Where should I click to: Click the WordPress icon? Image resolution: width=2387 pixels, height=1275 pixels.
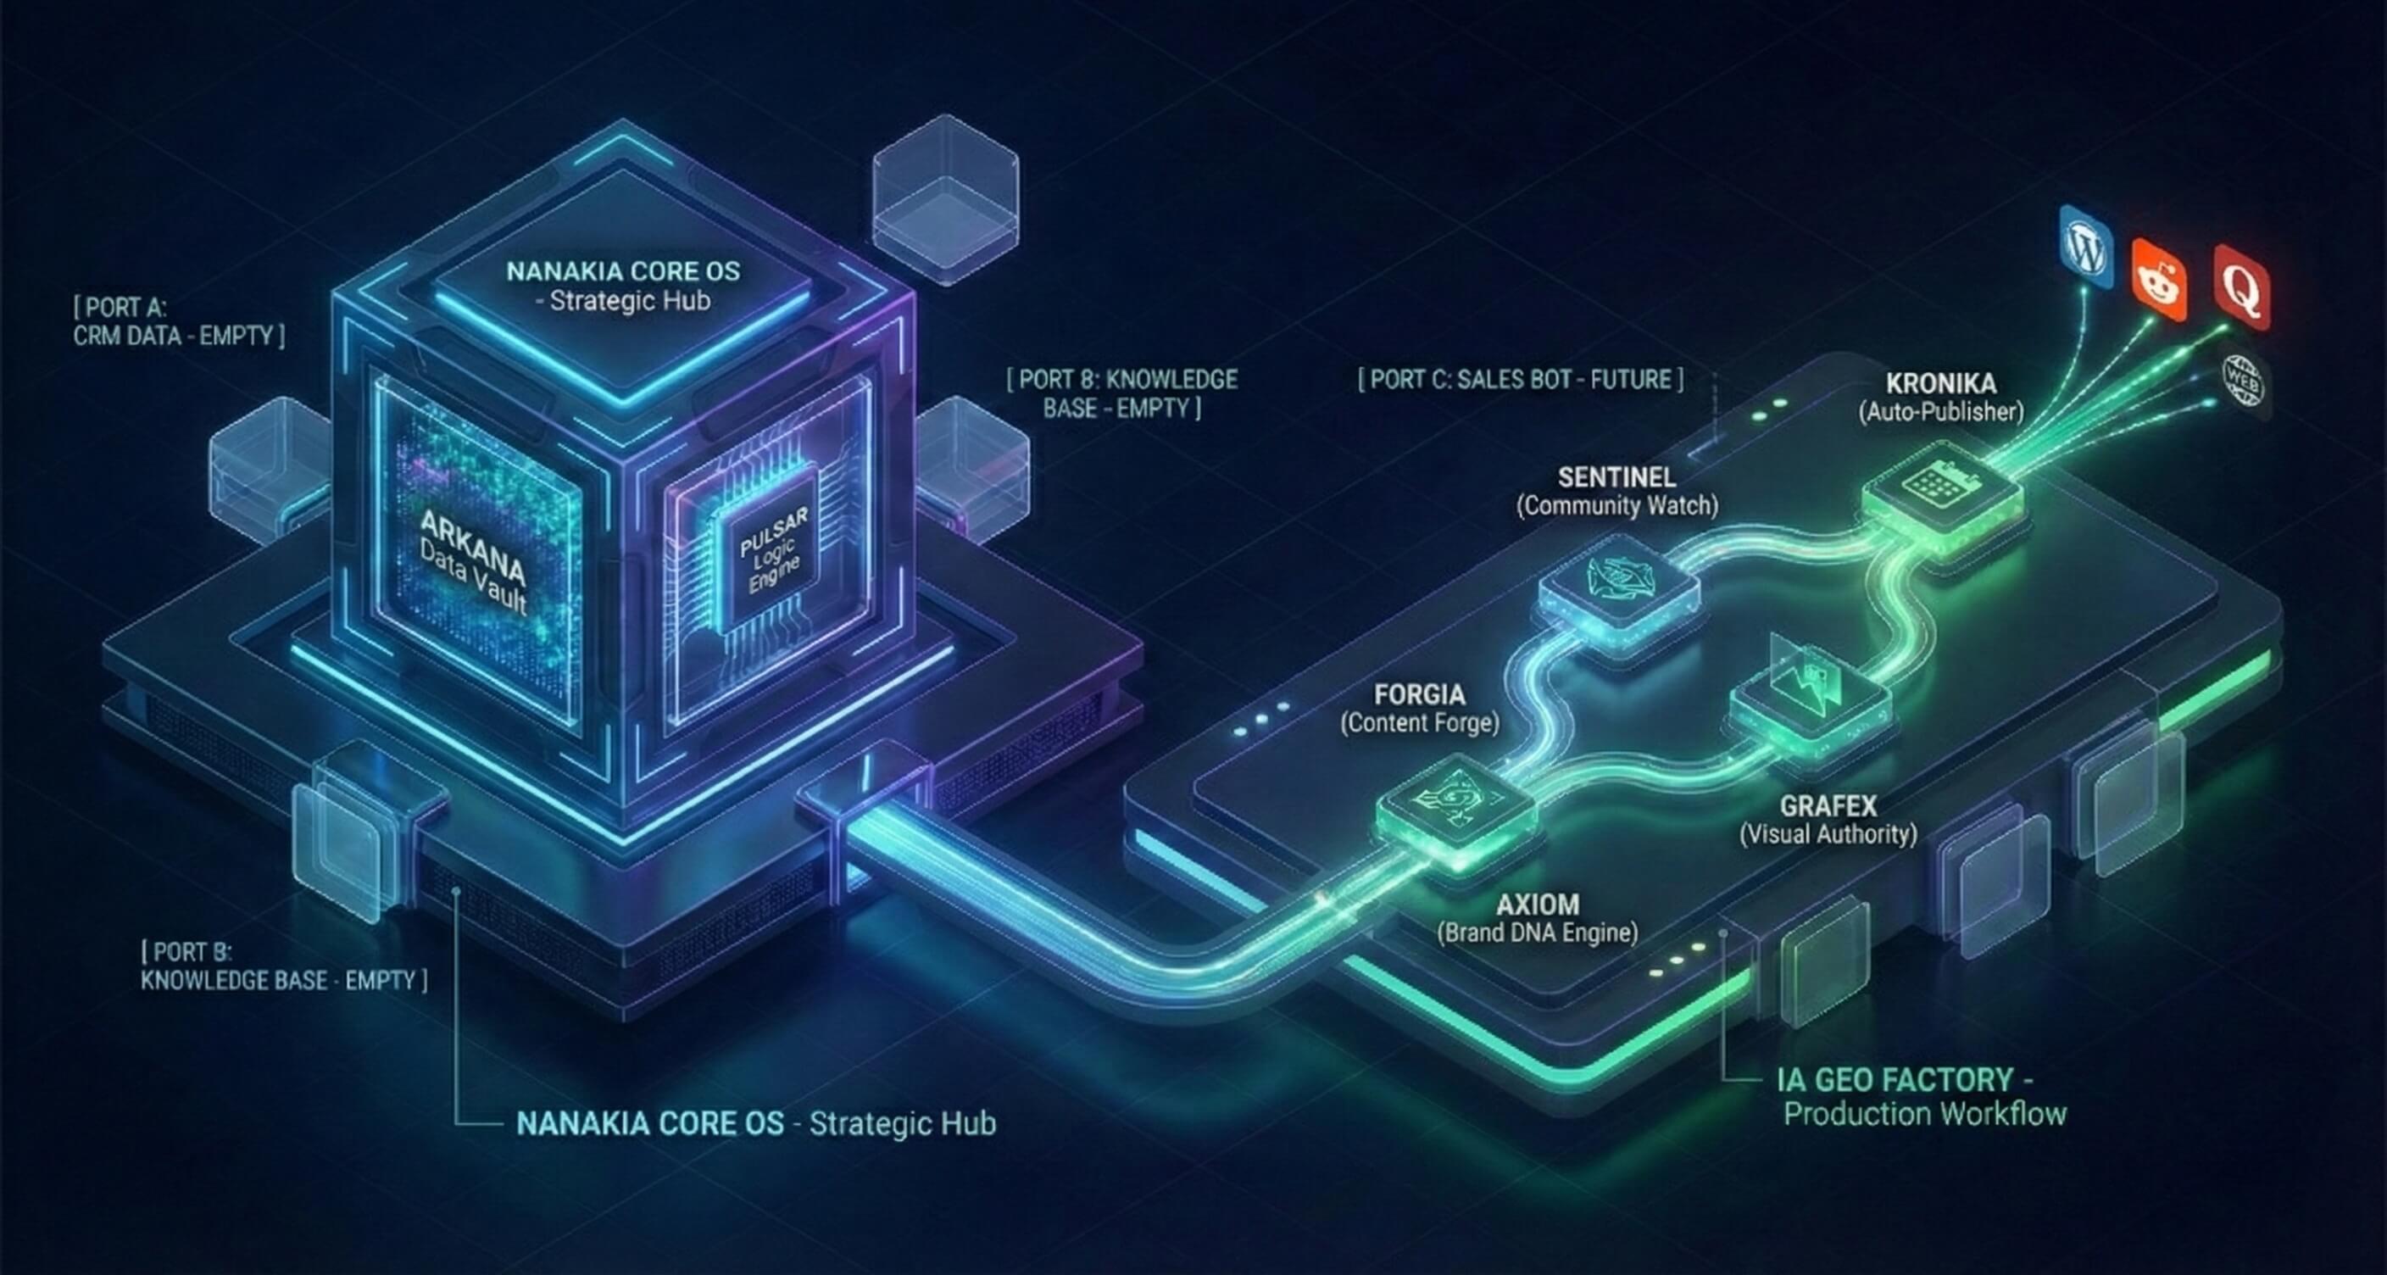point(2086,249)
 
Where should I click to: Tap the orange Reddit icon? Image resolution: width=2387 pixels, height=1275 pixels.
point(2159,280)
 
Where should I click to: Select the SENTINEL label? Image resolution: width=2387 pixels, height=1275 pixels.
point(1617,478)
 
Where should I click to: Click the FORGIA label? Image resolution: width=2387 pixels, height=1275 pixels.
point(1420,695)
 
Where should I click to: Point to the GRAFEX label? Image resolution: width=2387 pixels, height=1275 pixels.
point(1828,805)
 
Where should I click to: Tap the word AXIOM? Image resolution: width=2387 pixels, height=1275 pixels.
point(1538,905)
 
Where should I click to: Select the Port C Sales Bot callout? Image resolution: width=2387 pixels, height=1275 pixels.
point(1521,380)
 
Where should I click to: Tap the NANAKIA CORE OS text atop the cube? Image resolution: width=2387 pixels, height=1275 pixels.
point(623,272)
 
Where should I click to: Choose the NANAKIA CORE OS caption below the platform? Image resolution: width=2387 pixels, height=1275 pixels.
point(755,1124)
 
